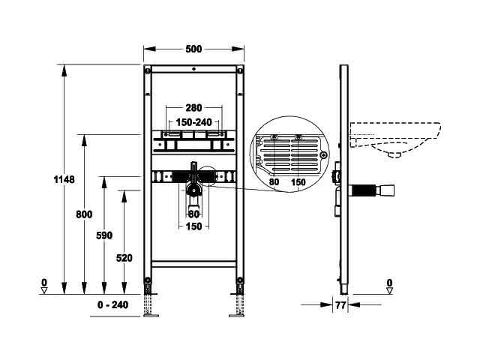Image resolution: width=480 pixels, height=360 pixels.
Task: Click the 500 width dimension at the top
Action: pyautogui.click(x=193, y=49)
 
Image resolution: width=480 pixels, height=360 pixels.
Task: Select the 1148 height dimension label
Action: pyautogui.click(x=64, y=179)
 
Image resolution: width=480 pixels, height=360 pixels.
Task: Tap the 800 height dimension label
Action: pyautogui.click(x=84, y=214)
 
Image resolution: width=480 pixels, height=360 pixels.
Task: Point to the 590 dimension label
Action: pyautogui.click(x=104, y=235)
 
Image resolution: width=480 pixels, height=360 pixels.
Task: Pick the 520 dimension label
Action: pyautogui.click(x=124, y=258)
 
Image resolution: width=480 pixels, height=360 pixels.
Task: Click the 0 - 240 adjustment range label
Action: pyautogui.click(x=112, y=305)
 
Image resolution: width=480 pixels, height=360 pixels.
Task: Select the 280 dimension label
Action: pyautogui.click(x=193, y=108)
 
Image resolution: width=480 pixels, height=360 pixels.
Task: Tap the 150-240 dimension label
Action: pyautogui.click(x=193, y=122)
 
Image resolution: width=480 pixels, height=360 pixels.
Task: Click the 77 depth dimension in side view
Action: pyautogui.click(x=340, y=305)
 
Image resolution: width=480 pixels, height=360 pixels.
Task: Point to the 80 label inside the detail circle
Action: pyautogui.click(x=274, y=181)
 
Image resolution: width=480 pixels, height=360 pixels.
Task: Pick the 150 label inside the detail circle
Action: pyautogui.click(x=298, y=182)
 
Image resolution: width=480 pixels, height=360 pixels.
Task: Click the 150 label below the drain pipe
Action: pyautogui.click(x=194, y=226)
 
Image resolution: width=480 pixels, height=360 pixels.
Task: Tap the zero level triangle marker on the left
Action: pyautogui.click(x=44, y=290)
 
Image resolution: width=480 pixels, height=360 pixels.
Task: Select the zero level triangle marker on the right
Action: pyautogui.click(x=389, y=290)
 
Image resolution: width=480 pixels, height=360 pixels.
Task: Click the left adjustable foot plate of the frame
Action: pyautogui.click(x=151, y=315)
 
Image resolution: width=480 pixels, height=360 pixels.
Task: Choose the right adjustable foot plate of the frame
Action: pyautogui.click(x=237, y=315)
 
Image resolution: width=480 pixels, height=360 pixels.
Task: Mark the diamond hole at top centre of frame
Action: pyautogui.click(x=193, y=69)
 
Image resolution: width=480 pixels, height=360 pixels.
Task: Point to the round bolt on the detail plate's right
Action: pyautogui.click(x=323, y=155)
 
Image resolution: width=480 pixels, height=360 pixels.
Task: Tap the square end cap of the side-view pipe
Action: pyautogui.click(x=387, y=190)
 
